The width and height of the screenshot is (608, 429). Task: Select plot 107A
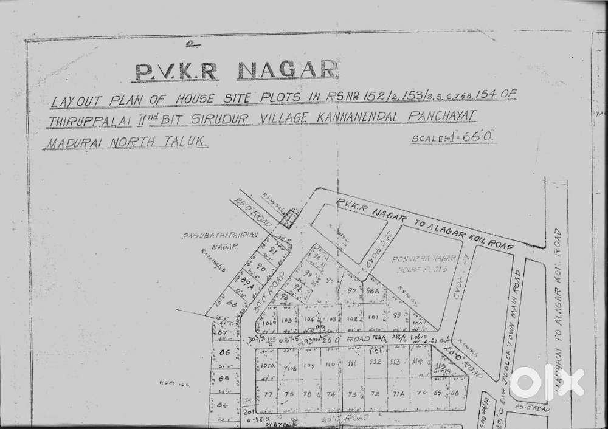(268, 366)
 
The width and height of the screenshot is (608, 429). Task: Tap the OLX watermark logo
(546, 382)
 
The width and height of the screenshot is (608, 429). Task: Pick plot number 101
(373, 317)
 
